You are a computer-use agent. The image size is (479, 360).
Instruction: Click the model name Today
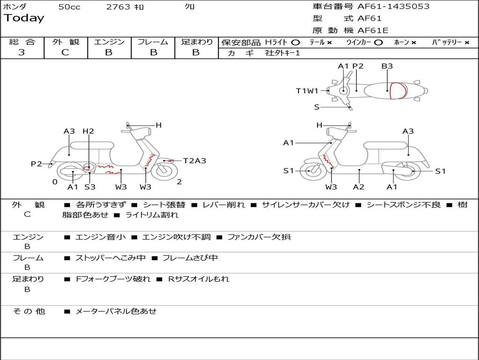point(24,18)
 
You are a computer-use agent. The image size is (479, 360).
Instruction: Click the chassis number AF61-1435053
point(393,7)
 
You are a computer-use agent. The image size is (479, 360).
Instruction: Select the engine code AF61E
point(373,30)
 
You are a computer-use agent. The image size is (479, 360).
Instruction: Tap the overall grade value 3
point(22,52)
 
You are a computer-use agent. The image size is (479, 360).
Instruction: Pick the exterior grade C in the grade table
point(65,52)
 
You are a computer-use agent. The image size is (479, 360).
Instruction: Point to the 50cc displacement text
point(69,7)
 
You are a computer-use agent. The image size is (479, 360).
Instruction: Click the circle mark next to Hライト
point(296,43)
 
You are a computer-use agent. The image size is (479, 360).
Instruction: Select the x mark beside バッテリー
point(467,43)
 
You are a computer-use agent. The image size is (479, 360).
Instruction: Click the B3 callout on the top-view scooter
point(387,66)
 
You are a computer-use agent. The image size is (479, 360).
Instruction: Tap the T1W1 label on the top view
point(307,90)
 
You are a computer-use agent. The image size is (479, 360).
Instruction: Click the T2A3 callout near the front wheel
point(195,161)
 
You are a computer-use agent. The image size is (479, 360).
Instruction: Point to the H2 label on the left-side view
point(88,131)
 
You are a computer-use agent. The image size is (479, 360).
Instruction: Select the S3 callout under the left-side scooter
point(90,187)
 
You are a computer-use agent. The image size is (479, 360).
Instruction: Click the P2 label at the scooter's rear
point(36,164)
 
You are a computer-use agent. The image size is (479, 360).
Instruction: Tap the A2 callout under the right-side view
point(359,187)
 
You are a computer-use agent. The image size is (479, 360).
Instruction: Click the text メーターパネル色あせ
point(116,311)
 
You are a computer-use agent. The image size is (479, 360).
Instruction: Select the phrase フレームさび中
point(190,258)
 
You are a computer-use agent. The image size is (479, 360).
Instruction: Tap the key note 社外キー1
point(283,53)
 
